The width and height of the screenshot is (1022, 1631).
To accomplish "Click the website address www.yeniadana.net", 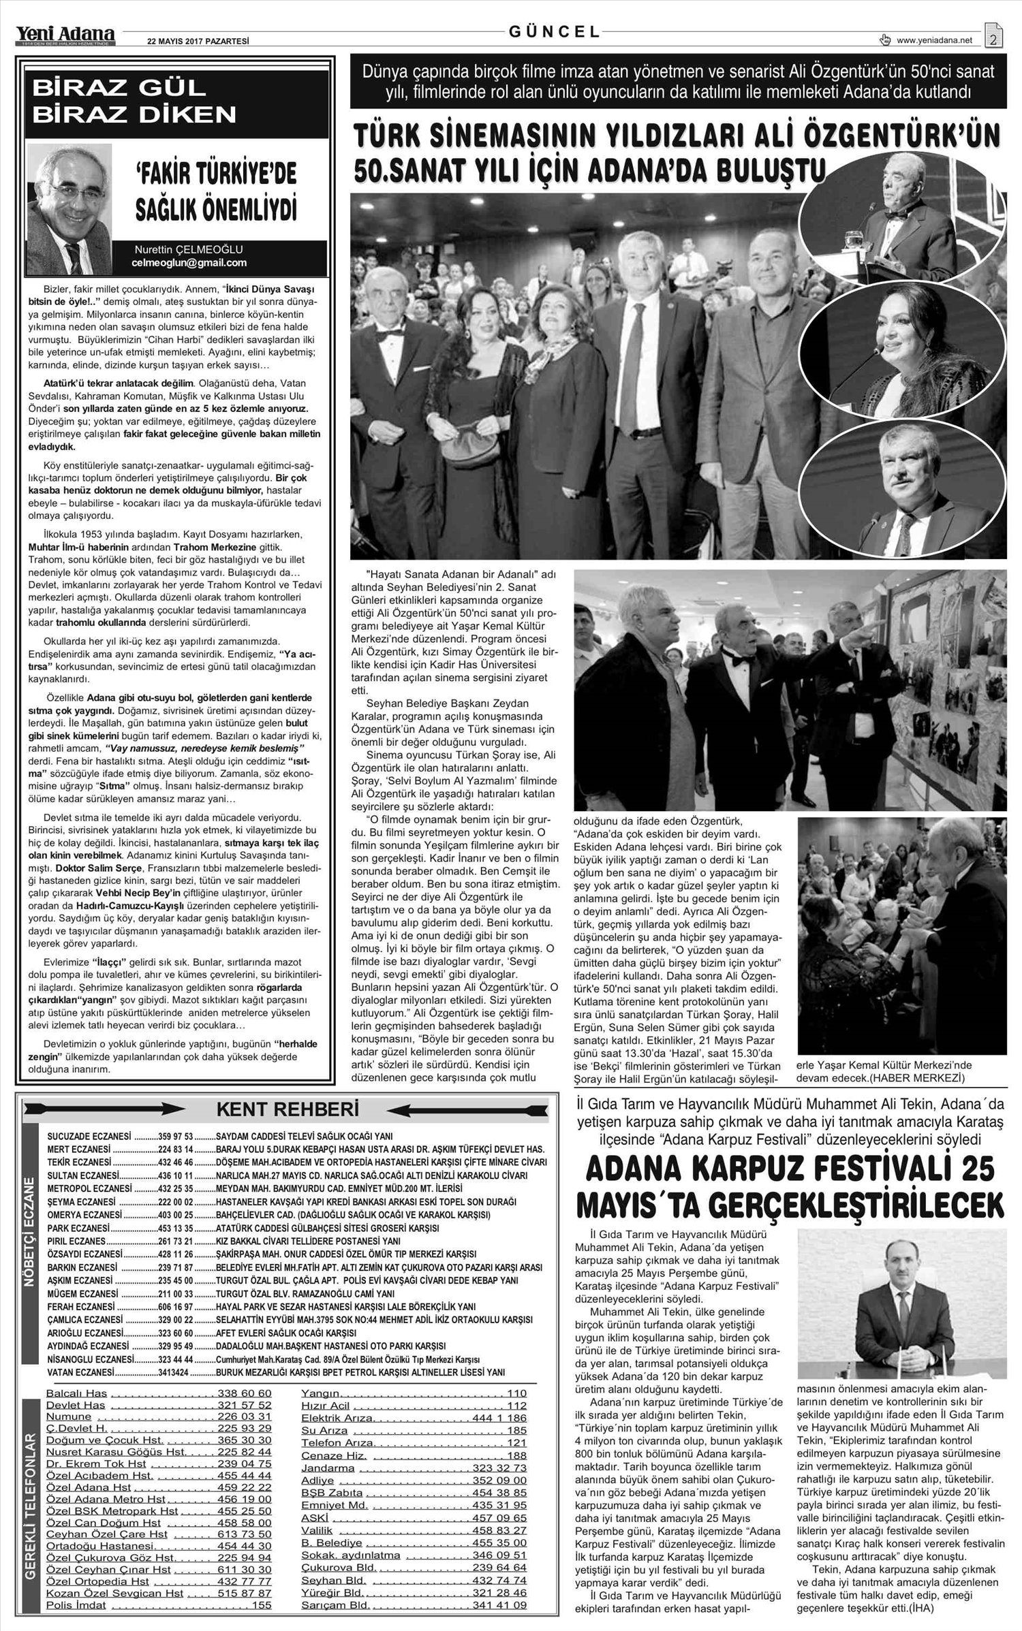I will [934, 40].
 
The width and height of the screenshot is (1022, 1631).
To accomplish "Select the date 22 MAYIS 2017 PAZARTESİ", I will [198, 41].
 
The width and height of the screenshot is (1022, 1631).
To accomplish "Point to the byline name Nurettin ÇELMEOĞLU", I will [189, 249].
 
